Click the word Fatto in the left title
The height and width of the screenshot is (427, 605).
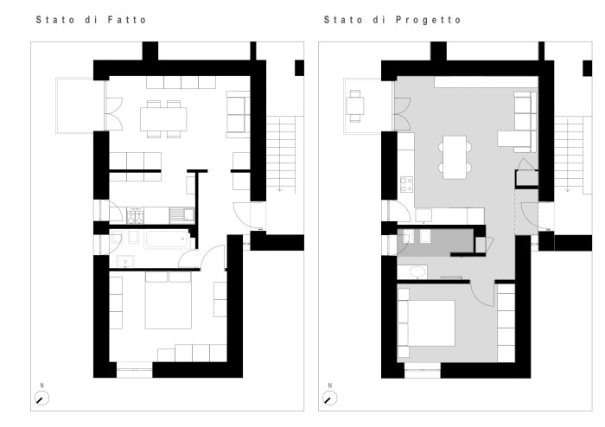[x=127, y=20]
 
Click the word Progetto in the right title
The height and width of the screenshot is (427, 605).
[x=429, y=20]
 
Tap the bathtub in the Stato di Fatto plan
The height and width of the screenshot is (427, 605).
[x=167, y=239]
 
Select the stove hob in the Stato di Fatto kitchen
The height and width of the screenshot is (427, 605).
[x=136, y=215]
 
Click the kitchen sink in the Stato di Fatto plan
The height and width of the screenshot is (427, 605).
[x=182, y=215]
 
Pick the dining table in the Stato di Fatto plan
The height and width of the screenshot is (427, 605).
[x=163, y=119]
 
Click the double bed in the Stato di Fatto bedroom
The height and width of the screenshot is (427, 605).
[x=169, y=300]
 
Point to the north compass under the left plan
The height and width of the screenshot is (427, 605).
[x=41, y=398]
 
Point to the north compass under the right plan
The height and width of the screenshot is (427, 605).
[x=329, y=398]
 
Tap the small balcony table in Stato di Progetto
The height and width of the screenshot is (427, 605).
[x=355, y=105]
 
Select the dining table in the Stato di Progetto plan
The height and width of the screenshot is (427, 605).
[x=455, y=157]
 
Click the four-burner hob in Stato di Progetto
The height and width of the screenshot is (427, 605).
[x=406, y=184]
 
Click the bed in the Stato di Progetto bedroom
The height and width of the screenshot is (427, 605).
[x=426, y=323]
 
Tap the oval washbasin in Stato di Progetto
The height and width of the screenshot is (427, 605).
[x=417, y=272]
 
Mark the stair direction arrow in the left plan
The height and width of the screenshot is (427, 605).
[x=280, y=189]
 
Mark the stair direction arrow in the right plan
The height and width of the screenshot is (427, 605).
[x=568, y=189]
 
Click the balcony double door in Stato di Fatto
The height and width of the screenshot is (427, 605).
[x=114, y=113]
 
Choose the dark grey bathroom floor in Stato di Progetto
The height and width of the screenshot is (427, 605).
[x=436, y=242]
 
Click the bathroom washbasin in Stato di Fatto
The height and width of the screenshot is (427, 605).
[x=125, y=262]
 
